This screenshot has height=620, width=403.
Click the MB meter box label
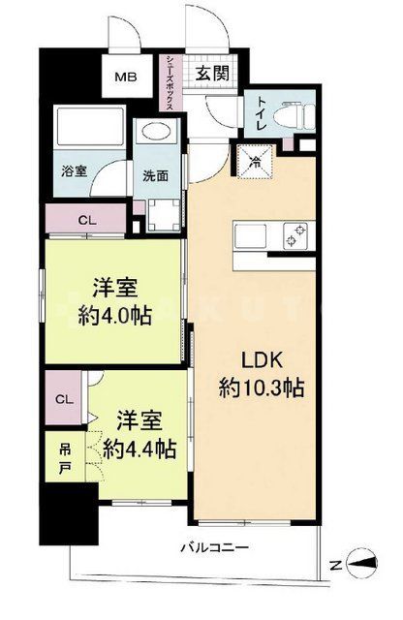tap(125, 76)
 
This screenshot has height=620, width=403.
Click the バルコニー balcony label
tap(215, 548)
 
